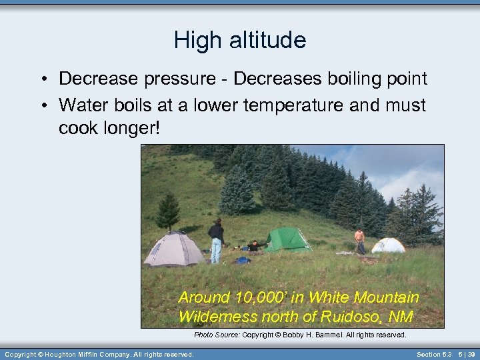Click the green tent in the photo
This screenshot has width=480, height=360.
coord(287,240)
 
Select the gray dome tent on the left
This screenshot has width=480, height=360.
coord(174,249)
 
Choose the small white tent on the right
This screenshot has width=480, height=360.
coord(388,245)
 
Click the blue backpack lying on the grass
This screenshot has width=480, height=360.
coord(242,260)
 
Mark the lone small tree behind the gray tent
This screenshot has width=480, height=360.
coord(167,211)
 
